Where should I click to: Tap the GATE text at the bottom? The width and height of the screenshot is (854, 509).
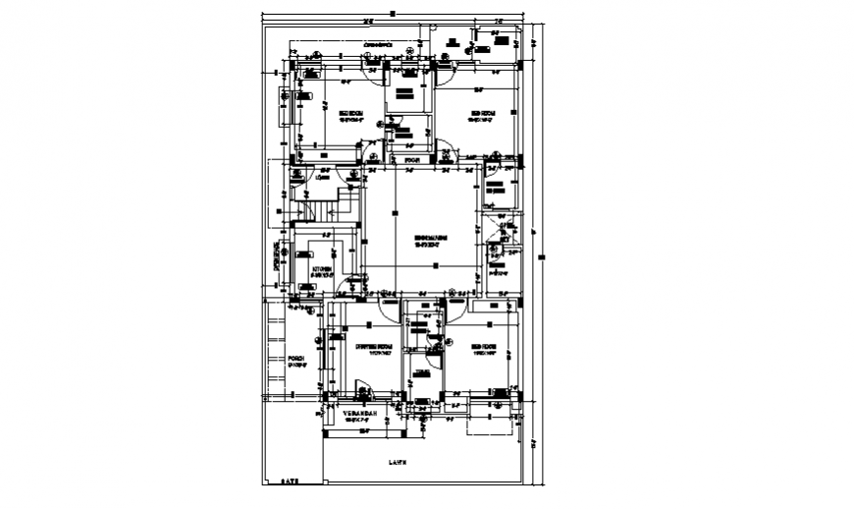tap(289, 481)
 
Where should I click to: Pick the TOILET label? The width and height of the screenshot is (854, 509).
tap(421, 371)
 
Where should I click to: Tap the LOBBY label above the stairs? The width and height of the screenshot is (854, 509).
tap(321, 178)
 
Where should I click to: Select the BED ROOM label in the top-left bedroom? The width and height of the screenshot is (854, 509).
tap(351, 114)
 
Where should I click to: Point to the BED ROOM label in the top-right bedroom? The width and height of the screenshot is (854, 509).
tap(480, 113)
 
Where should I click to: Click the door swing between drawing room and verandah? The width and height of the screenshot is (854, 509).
tap(360, 394)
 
